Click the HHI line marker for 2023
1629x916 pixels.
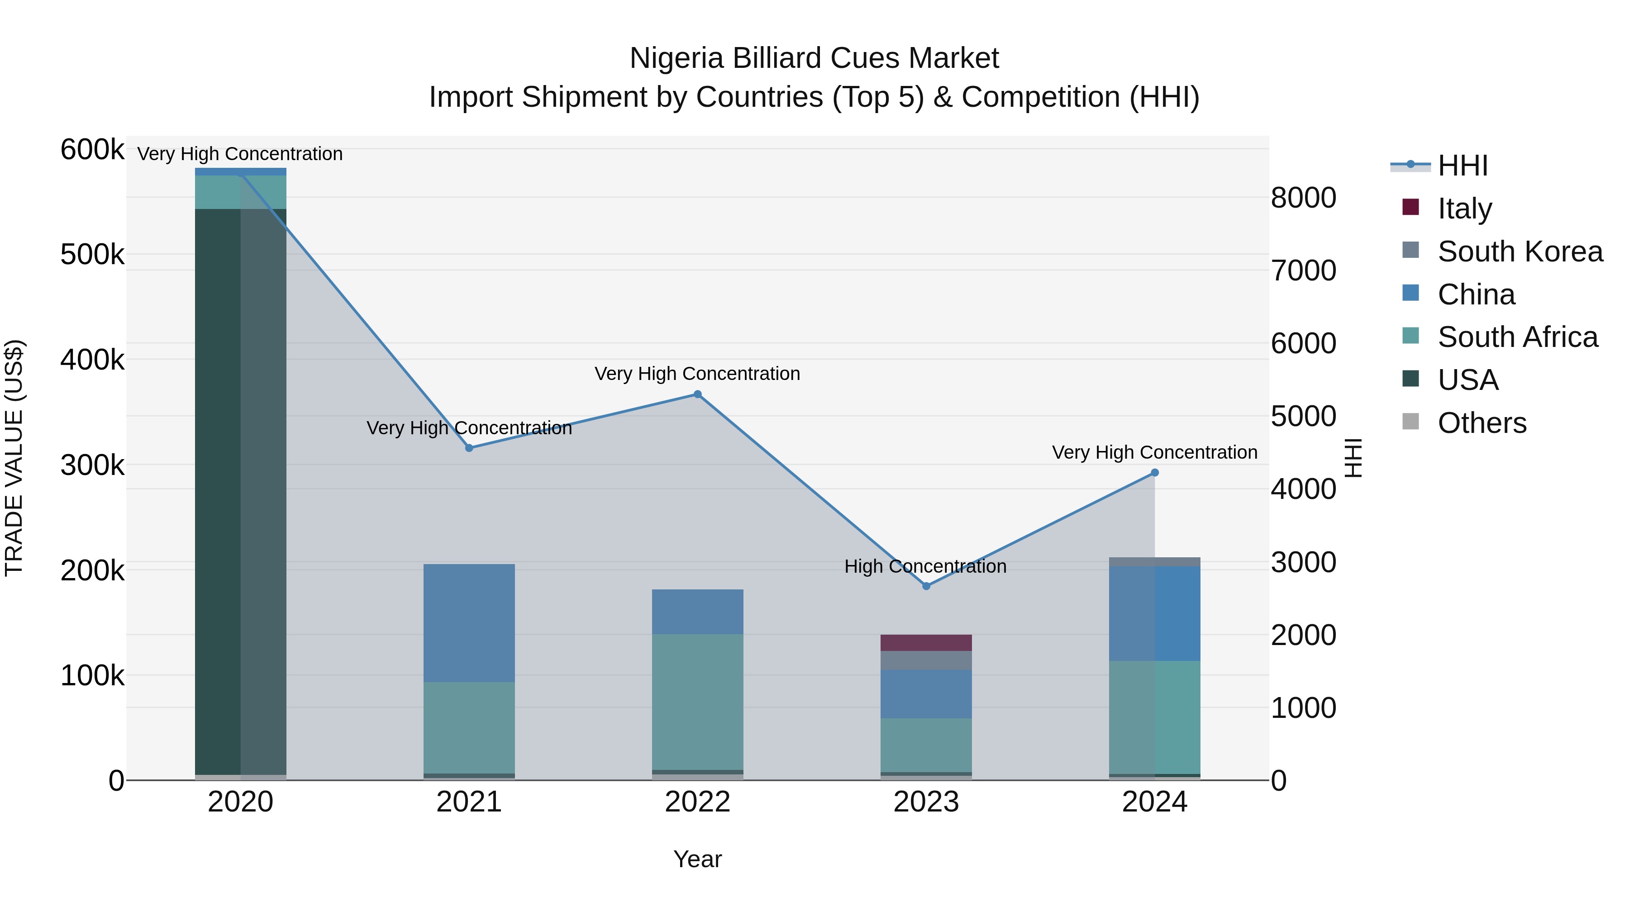pos(926,586)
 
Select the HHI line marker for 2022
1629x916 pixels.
pos(697,394)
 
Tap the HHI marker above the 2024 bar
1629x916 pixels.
pos(1154,473)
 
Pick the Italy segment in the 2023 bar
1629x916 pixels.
pos(926,643)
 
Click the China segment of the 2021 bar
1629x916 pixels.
pos(469,623)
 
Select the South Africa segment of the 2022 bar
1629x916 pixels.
pos(697,702)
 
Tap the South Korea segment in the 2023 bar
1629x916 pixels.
pos(926,660)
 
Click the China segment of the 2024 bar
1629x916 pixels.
pos(1154,613)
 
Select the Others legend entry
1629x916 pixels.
pos(1481,423)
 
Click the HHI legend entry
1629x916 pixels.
pos(1462,166)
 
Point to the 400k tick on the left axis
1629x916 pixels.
pos(92,361)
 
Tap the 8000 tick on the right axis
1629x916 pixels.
pos(1303,198)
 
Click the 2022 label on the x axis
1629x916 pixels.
pos(697,802)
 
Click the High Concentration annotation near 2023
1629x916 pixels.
pos(925,566)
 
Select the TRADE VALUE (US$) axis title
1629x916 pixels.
pos(14,458)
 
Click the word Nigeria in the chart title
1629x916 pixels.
pos(676,58)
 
